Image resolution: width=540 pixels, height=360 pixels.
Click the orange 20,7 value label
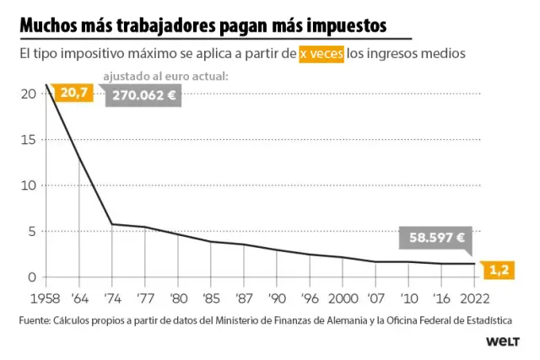click(72, 92)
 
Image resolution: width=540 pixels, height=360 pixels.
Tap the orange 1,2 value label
click(498, 270)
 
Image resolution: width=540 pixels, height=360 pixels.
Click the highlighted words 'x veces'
click(321, 54)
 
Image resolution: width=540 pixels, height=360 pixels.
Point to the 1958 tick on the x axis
click(46, 298)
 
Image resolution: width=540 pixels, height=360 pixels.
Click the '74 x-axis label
click(112, 298)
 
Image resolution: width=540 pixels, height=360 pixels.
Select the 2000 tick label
click(342, 298)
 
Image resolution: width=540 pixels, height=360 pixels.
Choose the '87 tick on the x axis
click(244, 298)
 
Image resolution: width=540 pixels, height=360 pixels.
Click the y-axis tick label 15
click(29, 139)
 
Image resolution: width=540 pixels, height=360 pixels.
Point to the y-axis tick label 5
click(32, 231)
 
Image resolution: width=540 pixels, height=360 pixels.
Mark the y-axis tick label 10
click(29, 185)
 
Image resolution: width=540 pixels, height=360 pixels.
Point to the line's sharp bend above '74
click(112, 224)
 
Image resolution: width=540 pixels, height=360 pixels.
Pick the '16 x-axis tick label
click(441, 298)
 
